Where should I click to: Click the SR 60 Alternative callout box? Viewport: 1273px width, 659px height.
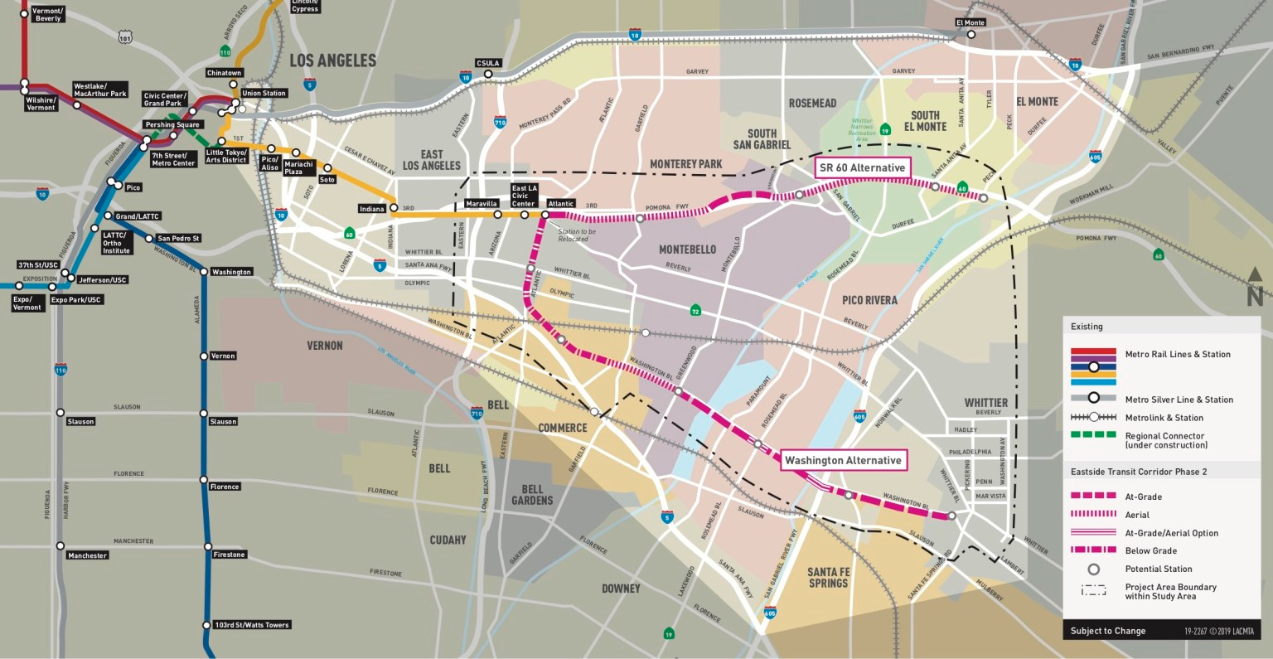click(862, 167)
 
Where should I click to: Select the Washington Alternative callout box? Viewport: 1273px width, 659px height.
click(843, 460)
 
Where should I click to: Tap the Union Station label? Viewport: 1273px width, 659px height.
click(264, 94)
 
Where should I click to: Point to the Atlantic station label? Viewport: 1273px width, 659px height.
click(561, 203)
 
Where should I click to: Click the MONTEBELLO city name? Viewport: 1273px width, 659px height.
click(687, 250)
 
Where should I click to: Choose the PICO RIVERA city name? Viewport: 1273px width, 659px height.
click(869, 300)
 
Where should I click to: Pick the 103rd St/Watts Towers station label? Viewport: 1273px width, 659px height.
click(252, 625)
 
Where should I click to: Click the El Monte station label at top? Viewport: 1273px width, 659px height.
click(970, 22)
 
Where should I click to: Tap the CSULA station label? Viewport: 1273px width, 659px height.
click(488, 63)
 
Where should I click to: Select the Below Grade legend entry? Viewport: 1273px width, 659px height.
click(1150, 550)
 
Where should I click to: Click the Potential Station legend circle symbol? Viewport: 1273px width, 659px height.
click(1093, 569)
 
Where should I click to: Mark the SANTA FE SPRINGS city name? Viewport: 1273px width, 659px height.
click(829, 578)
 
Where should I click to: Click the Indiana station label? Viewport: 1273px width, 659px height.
click(372, 209)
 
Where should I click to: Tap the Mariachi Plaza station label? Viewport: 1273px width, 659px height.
click(298, 168)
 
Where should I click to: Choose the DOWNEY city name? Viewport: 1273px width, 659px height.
click(621, 589)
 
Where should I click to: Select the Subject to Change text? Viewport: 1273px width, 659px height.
click(1107, 631)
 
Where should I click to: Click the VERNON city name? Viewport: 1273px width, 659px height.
click(325, 345)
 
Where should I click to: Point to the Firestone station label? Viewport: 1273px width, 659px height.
click(229, 555)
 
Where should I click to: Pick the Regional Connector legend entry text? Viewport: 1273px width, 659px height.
click(1165, 440)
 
